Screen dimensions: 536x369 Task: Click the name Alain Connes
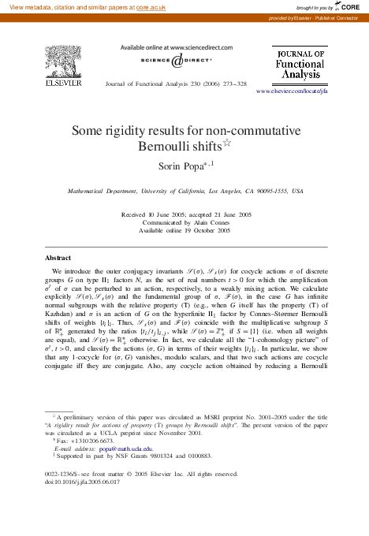pos(204,222)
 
